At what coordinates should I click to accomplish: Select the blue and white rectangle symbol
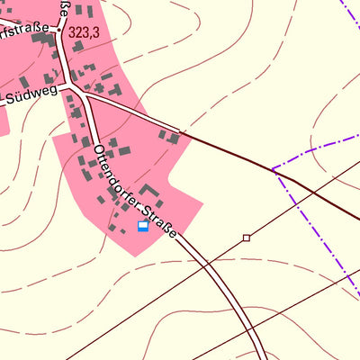(x=142, y=226)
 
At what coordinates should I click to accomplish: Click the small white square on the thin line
(x=247, y=238)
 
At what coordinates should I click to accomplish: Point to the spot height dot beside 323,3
(x=59, y=29)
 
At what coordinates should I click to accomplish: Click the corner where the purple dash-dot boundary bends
(x=274, y=170)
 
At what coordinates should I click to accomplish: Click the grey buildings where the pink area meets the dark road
(x=168, y=136)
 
